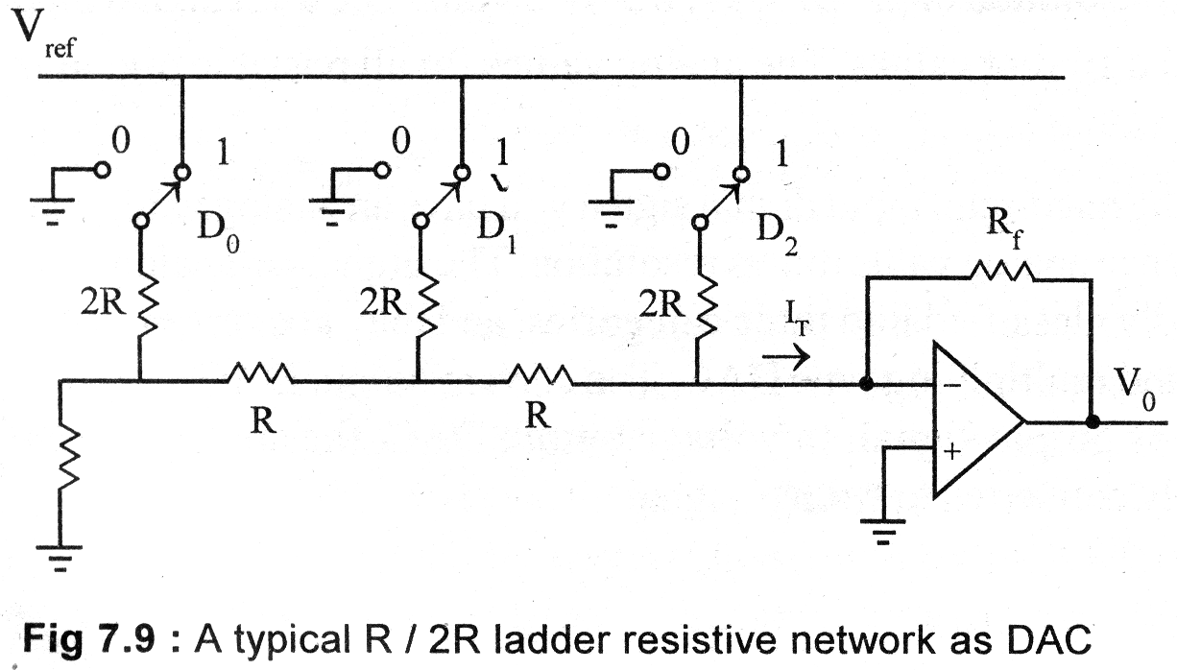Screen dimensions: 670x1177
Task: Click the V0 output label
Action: click(x=1135, y=384)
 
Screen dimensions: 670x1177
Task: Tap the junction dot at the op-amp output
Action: click(x=1092, y=421)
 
